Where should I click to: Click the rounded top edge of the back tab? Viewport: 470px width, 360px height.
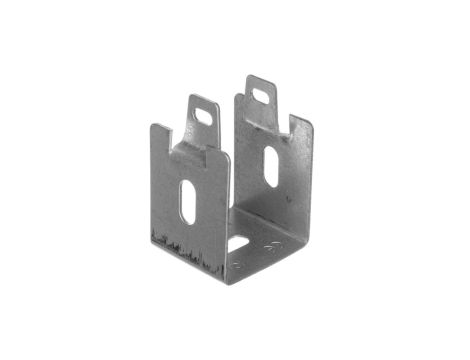click(260, 79)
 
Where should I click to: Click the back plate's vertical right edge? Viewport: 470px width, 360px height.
click(311, 180)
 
